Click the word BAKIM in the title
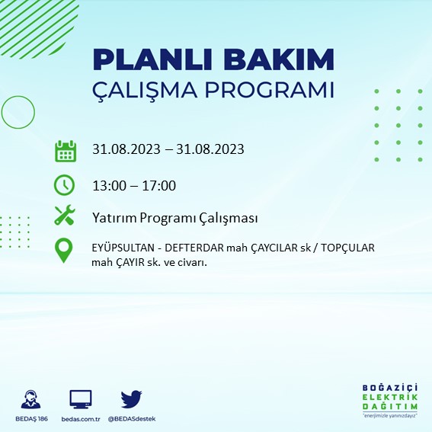click(x=279, y=59)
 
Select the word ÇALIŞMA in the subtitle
click(x=145, y=90)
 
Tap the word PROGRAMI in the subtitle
click(x=269, y=90)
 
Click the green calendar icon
click(x=66, y=151)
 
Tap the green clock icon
click(x=64, y=185)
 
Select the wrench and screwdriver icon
click(x=65, y=215)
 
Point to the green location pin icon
click(x=64, y=251)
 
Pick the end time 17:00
click(x=158, y=186)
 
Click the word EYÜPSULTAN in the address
click(x=123, y=248)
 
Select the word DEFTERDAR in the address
click(x=194, y=248)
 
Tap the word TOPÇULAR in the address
click(x=348, y=248)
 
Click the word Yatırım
click(x=114, y=218)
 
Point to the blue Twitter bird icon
click(x=131, y=399)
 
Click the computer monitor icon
click(x=81, y=399)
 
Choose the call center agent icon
click(x=30, y=399)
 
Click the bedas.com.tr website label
click(x=81, y=419)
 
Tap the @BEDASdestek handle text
click(x=132, y=419)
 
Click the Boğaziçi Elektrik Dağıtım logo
click(x=390, y=401)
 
